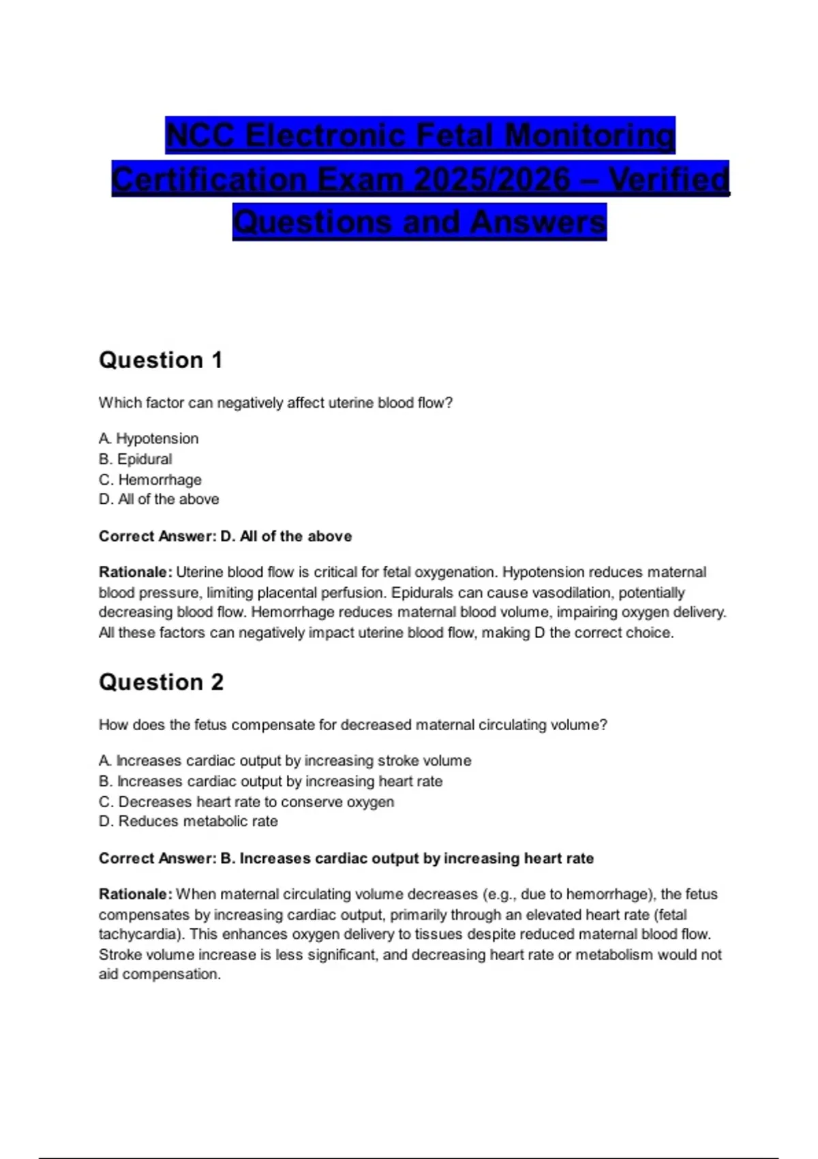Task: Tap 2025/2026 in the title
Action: pyautogui.click(x=491, y=180)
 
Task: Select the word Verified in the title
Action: pyautogui.click(x=669, y=180)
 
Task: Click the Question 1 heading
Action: pyautogui.click(x=161, y=360)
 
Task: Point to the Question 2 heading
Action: pyautogui.click(x=161, y=682)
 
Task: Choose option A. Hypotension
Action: pyautogui.click(x=149, y=438)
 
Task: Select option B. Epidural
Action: pyautogui.click(x=135, y=459)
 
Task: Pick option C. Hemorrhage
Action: pyautogui.click(x=150, y=479)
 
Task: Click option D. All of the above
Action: pyautogui.click(x=159, y=499)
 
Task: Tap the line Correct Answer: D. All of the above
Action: pyautogui.click(x=225, y=537)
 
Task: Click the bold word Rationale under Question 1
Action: pyautogui.click(x=135, y=572)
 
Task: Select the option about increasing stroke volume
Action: pyautogui.click(x=285, y=760)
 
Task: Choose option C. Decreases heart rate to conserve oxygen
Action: pyautogui.click(x=246, y=802)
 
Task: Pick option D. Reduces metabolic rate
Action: pyautogui.click(x=188, y=822)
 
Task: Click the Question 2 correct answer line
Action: pyautogui.click(x=346, y=858)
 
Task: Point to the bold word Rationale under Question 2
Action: pyautogui.click(x=135, y=894)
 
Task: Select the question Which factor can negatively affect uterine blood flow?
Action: pyautogui.click(x=275, y=403)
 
